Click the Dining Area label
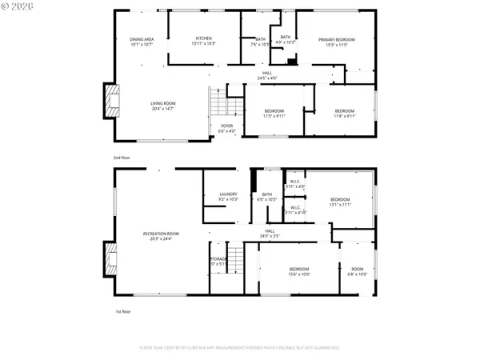(142, 42)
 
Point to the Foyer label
(227, 128)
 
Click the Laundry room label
(229, 197)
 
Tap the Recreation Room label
(161, 236)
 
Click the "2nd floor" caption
(121, 157)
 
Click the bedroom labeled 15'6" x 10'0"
(299, 271)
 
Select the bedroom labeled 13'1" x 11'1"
(341, 202)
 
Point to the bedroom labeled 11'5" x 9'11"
(274, 114)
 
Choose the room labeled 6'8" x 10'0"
(357, 271)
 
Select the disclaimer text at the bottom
(239, 348)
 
